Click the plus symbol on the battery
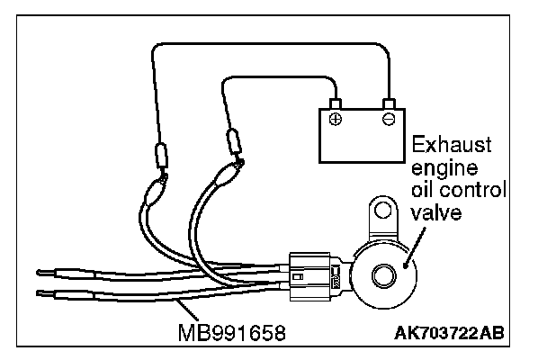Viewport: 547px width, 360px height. [335, 119]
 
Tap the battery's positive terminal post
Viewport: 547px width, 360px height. [335, 103]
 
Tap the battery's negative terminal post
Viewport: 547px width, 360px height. [388, 103]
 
